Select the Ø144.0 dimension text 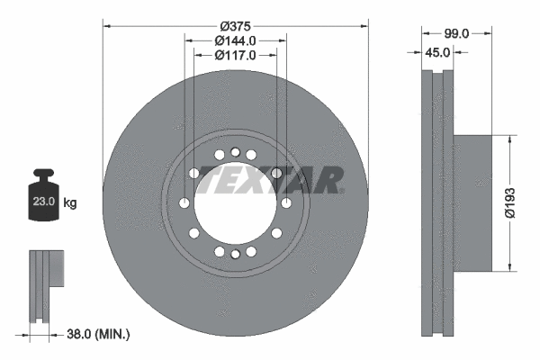pos(236,40)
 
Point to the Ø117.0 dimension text pos(236,56)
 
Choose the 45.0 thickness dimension pos(437,52)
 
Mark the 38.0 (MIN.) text pos(99,334)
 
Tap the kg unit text pos(70,203)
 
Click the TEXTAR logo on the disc pos(271,180)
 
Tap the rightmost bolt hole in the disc pos(286,203)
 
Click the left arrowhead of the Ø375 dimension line pos(107,24)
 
